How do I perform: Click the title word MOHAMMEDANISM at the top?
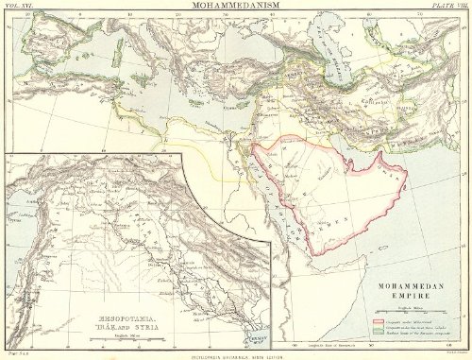pos(236,7)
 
